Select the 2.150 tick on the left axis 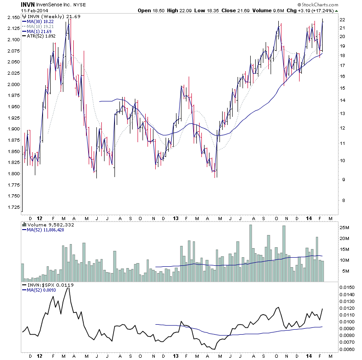(13, 17)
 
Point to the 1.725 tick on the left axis (13, 207)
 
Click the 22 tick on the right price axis (343, 19)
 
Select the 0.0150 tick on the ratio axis (348, 287)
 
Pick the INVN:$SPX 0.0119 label (48, 285)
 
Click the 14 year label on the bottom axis (308, 218)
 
